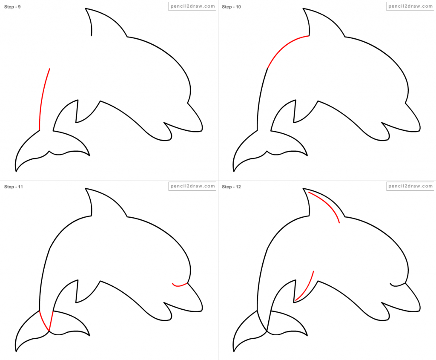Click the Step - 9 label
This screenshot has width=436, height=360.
click(13, 7)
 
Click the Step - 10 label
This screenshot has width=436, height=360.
click(232, 7)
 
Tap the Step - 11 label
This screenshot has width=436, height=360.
click(13, 187)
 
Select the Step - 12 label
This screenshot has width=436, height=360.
click(232, 187)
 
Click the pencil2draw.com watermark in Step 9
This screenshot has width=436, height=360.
click(192, 6)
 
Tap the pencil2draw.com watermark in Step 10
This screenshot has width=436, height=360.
click(410, 6)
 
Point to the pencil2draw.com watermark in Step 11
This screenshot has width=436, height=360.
click(192, 186)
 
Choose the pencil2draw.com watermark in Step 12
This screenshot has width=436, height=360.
click(410, 186)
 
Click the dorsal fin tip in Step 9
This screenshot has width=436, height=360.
click(86, 9)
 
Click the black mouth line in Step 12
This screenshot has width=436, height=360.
click(398, 285)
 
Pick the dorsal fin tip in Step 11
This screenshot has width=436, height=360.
click(86, 188)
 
